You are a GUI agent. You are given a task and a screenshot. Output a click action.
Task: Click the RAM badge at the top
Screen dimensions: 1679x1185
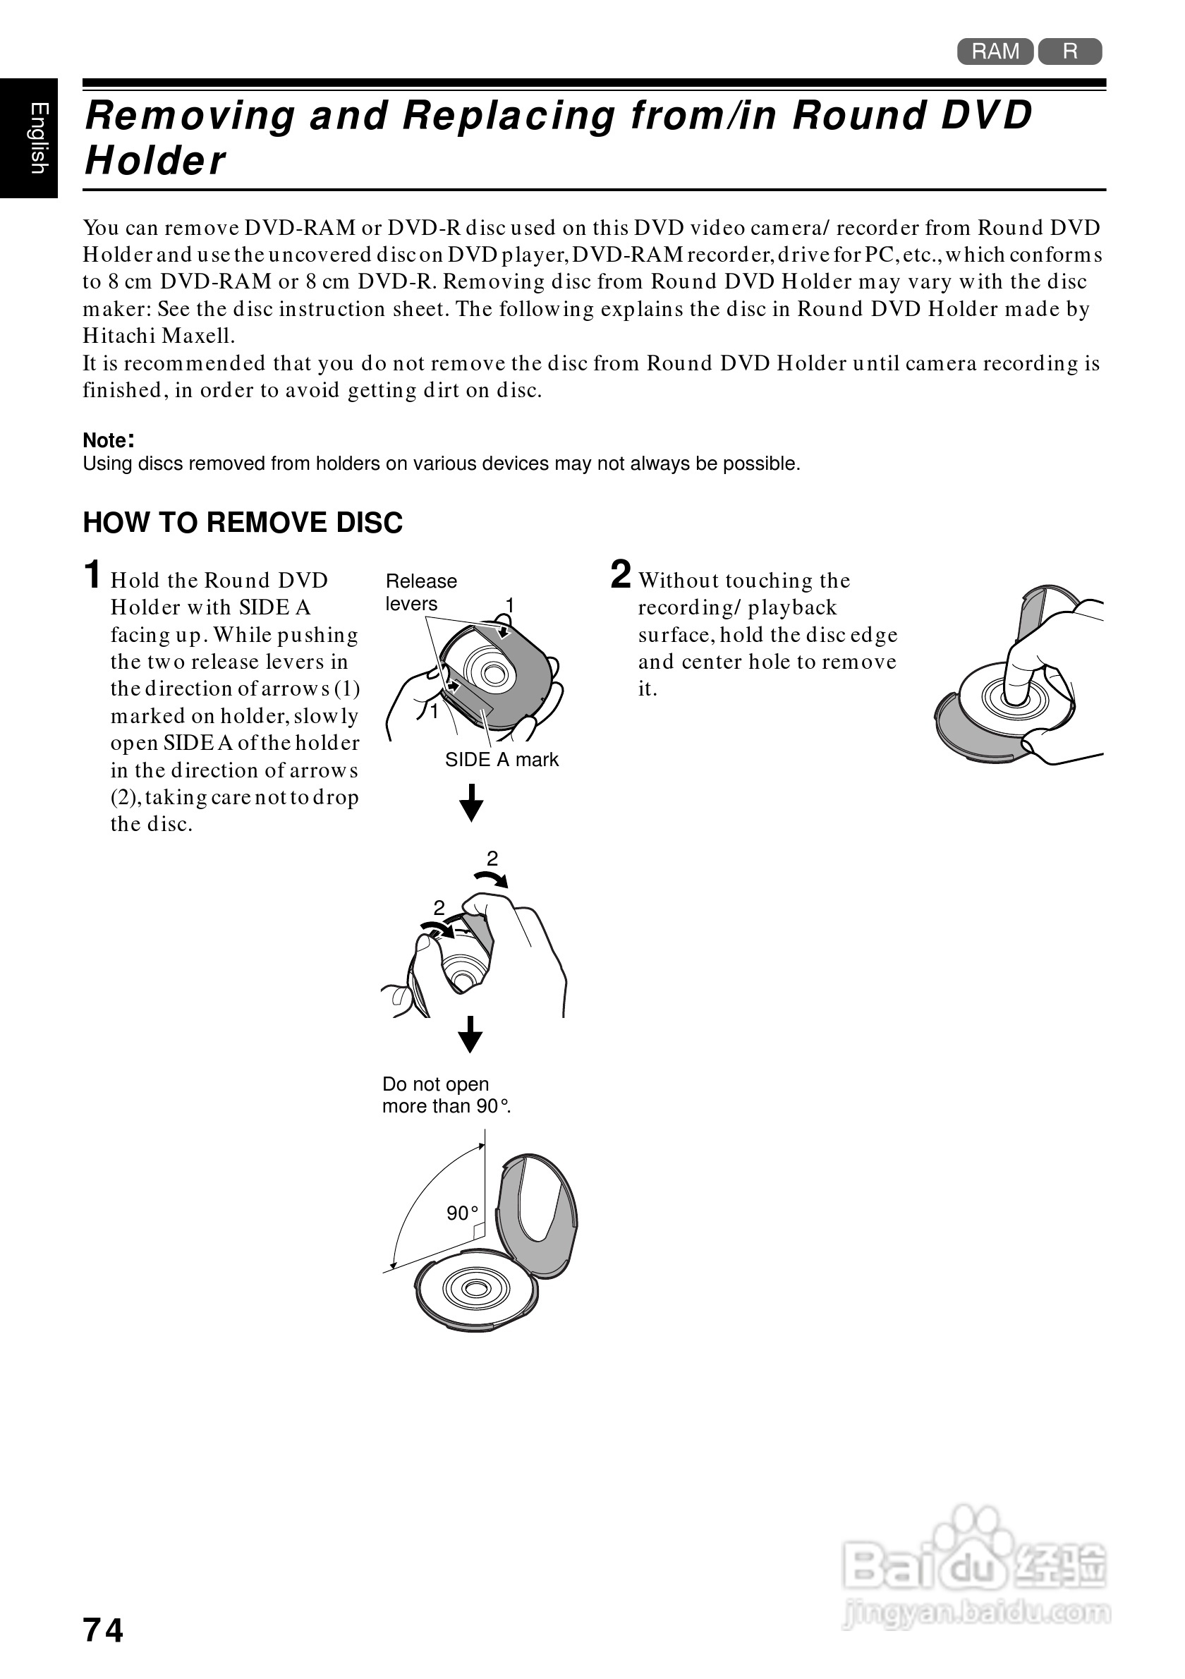coord(995,51)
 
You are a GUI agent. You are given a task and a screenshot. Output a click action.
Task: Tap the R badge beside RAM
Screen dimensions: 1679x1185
coord(1069,51)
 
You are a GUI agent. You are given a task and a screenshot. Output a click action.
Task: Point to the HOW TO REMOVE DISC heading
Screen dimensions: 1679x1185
coord(243,523)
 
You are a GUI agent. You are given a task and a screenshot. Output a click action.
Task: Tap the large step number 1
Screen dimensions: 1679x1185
coord(92,575)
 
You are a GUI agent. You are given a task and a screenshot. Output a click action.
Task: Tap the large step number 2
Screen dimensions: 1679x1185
coord(621,575)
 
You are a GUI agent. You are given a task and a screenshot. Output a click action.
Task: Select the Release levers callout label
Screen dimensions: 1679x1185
coord(420,593)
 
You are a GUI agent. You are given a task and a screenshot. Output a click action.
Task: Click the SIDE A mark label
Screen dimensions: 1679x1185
coord(502,760)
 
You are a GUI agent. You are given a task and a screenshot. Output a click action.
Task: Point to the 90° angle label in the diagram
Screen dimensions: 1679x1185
coord(462,1213)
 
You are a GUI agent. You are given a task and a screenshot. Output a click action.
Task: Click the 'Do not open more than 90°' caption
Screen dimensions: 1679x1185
coord(446,1095)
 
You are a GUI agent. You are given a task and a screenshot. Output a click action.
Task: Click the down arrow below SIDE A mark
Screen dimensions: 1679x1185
coord(471,803)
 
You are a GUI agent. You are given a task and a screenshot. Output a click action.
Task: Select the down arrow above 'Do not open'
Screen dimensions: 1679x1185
coord(470,1034)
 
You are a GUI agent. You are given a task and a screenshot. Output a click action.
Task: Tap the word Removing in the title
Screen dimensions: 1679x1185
coord(190,116)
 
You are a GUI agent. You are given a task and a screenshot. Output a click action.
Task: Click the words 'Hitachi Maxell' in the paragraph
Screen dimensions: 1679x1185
coord(159,337)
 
